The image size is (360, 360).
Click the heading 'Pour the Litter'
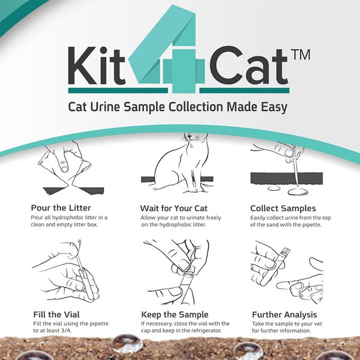click(x=61, y=208)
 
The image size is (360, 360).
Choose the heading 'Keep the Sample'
click(x=175, y=314)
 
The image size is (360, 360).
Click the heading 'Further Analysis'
click(x=284, y=314)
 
